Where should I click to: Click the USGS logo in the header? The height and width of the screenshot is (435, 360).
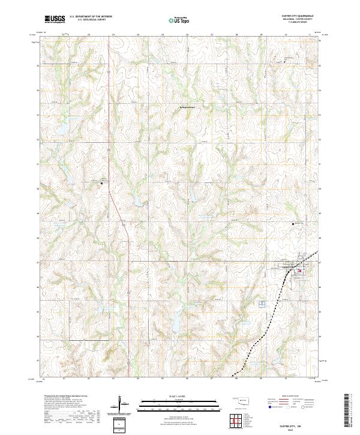tap(55, 19)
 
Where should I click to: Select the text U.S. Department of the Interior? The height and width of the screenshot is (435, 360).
tap(91, 16)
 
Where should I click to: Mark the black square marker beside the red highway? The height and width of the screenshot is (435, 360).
tap(101, 182)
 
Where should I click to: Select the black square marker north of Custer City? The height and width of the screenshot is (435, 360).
tap(293, 223)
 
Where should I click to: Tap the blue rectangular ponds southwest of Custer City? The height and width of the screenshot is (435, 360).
tap(262, 305)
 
